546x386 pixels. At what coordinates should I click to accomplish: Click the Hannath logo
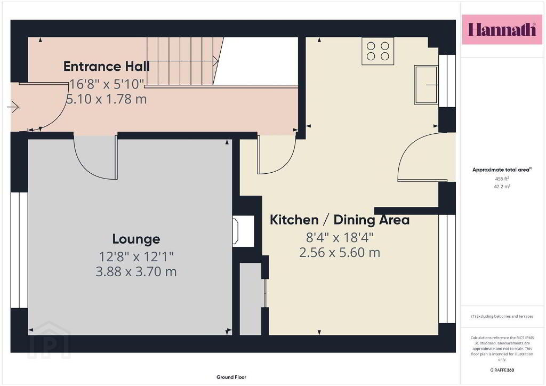[x=502, y=29]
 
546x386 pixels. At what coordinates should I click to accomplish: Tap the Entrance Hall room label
[x=107, y=66]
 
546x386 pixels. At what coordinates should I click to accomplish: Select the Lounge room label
[x=136, y=239]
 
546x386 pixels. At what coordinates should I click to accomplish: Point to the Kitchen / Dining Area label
[x=340, y=220]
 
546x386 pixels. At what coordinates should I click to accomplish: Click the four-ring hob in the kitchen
[x=378, y=51]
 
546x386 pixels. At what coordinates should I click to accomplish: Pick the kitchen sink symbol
[x=426, y=85]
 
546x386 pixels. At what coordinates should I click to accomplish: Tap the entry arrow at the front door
[x=13, y=107]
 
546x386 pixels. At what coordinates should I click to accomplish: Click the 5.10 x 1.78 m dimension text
[x=106, y=99]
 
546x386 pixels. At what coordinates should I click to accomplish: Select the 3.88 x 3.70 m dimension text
[x=136, y=271]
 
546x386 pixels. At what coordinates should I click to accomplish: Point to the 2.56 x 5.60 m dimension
[x=340, y=252]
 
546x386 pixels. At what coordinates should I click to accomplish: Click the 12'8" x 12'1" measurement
[x=136, y=257]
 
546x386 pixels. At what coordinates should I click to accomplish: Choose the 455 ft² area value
[x=502, y=179]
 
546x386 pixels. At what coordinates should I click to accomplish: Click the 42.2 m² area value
[x=502, y=186]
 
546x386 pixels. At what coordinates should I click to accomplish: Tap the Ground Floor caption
[x=231, y=377]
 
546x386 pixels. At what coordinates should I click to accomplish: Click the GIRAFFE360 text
[x=502, y=370]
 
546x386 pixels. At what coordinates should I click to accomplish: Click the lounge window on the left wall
[x=19, y=250]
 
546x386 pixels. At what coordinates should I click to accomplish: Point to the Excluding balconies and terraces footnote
[x=502, y=316]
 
